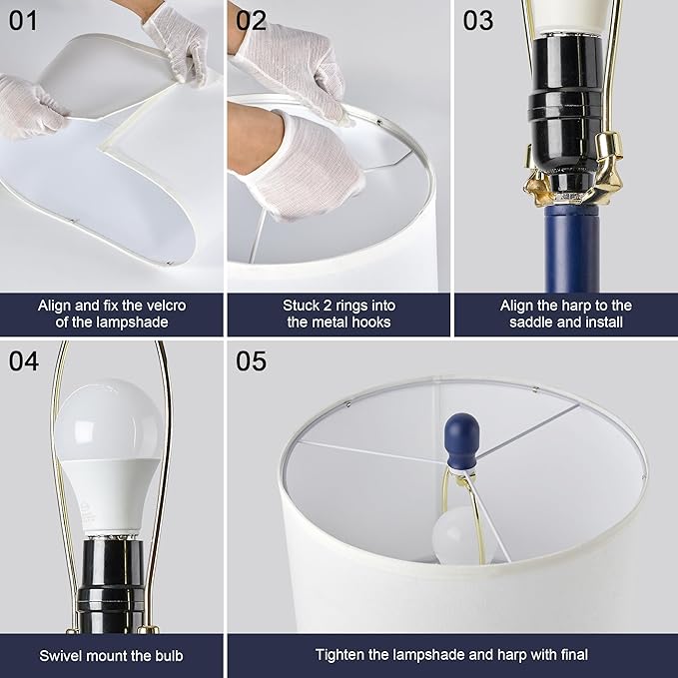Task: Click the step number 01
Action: click(x=23, y=21)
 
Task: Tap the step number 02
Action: click(x=251, y=21)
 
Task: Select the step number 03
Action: click(x=478, y=21)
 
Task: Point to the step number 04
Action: click(x=24, y=361)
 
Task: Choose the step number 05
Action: click(x=252, y=361)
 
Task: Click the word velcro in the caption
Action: click(x=166, y=306)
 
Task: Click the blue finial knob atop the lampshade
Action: click(x=461, y=442)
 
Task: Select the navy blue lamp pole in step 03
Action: click(x=572, y=249)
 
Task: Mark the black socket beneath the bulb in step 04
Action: click(x=112, y=584)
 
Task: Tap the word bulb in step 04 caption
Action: click(x=168, y=655)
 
